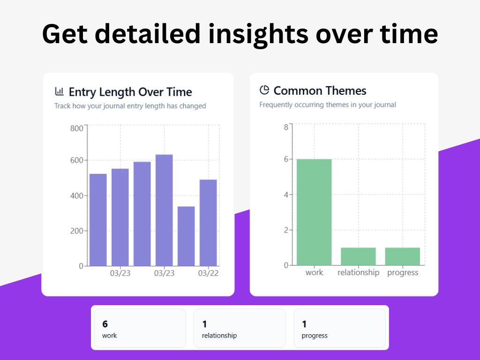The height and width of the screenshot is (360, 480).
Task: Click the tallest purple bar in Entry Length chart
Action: (164, 210)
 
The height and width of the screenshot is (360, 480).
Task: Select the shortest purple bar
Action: (186, 236)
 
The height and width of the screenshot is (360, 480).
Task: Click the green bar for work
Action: (314, 212)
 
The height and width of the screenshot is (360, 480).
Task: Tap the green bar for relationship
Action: (358, 256)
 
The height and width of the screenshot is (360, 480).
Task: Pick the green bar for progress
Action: (403, 256)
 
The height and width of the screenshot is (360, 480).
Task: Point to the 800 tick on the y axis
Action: (76, 128)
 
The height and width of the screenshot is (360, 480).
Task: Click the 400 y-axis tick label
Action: (76, 195)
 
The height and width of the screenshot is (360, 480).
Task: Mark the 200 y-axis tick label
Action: (76, 231)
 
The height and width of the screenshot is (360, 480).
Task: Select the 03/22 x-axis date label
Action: (209, 273)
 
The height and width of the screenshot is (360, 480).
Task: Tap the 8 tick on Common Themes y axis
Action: (286, 127)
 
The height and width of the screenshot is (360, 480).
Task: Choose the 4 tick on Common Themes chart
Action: (286, 195)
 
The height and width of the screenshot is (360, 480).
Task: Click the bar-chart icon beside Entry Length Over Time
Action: (60, 91)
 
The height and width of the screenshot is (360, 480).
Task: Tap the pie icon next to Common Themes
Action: (264, 90)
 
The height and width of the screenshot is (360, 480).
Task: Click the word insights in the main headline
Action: (258, 34)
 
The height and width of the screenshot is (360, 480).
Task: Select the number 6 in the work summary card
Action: (105, 324)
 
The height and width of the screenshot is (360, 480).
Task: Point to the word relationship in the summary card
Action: (219, 336)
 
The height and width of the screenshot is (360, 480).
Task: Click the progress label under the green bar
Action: (403, 273)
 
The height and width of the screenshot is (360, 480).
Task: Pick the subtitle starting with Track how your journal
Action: (130, 106)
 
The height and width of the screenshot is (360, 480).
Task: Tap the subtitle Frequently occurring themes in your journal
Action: (328, 105)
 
